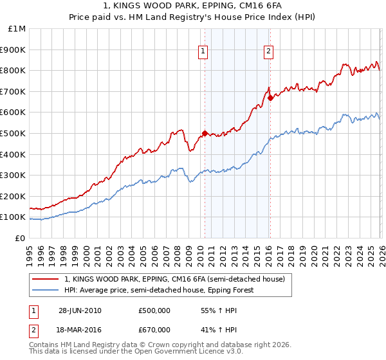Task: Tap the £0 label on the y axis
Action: pos(21,238)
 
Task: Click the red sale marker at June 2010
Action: pos(205,134)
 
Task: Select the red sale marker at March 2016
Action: pos(270,98)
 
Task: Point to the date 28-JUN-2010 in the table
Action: pos(80,310)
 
